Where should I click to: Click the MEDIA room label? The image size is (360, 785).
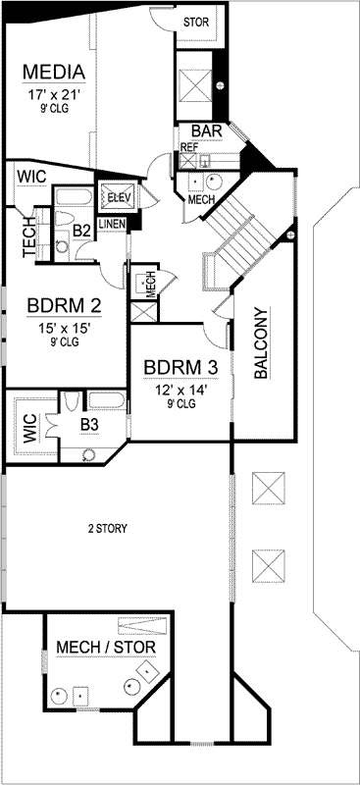[54, 74]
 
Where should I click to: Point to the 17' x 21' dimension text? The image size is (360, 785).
[54, 95]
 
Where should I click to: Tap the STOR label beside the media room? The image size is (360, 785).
[196, 21]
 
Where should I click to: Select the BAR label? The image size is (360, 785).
[206, 131]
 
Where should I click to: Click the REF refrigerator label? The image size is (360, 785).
[188, 147]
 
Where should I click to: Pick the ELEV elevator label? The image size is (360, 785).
[119, 196]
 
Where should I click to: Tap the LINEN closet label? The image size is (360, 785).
[112, 224]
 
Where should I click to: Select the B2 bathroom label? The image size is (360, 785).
[82, 231]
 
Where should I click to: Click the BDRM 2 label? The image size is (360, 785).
[63, 307]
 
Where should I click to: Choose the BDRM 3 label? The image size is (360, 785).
[180, 368]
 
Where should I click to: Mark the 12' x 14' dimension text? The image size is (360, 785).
[180, 389]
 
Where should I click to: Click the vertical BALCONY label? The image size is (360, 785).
[261, 344]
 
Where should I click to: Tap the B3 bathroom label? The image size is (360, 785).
[89, 424]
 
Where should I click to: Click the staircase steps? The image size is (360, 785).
[238, 235]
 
